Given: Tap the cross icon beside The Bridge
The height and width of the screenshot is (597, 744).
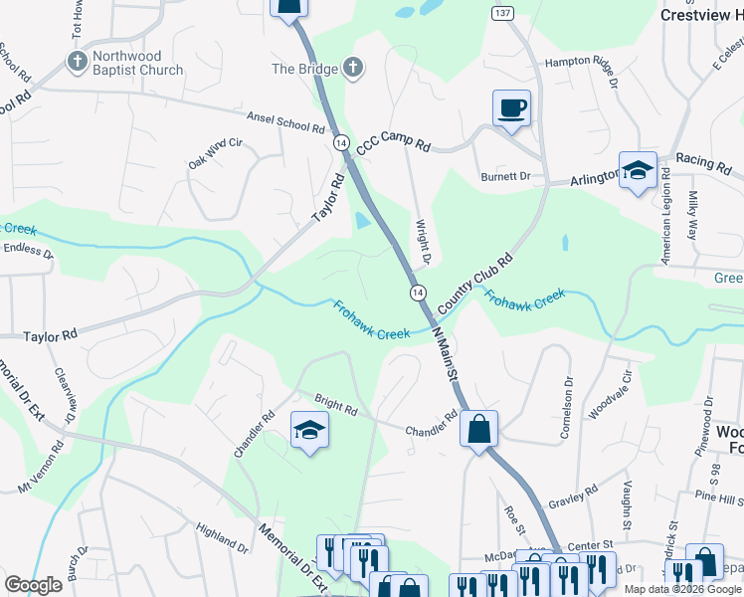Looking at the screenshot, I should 351,68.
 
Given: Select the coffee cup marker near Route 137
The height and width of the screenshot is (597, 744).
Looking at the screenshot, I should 511,108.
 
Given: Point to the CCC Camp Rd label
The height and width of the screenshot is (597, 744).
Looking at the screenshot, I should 393,145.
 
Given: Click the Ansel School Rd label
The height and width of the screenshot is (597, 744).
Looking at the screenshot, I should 286,122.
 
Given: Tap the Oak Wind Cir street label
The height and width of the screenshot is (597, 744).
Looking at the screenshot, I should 215,153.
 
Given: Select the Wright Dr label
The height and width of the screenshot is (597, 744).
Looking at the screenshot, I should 422,242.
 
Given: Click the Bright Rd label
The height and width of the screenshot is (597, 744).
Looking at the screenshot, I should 335,408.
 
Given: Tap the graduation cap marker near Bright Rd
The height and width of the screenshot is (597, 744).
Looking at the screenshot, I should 309,433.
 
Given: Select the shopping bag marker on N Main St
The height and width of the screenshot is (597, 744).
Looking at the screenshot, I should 479,431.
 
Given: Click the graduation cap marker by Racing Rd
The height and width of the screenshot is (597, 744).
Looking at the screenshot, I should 637,170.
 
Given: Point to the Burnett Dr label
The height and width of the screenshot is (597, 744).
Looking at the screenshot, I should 532,176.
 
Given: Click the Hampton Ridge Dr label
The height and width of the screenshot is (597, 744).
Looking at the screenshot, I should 584,62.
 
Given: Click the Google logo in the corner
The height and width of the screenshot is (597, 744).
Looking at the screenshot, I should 33,584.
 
